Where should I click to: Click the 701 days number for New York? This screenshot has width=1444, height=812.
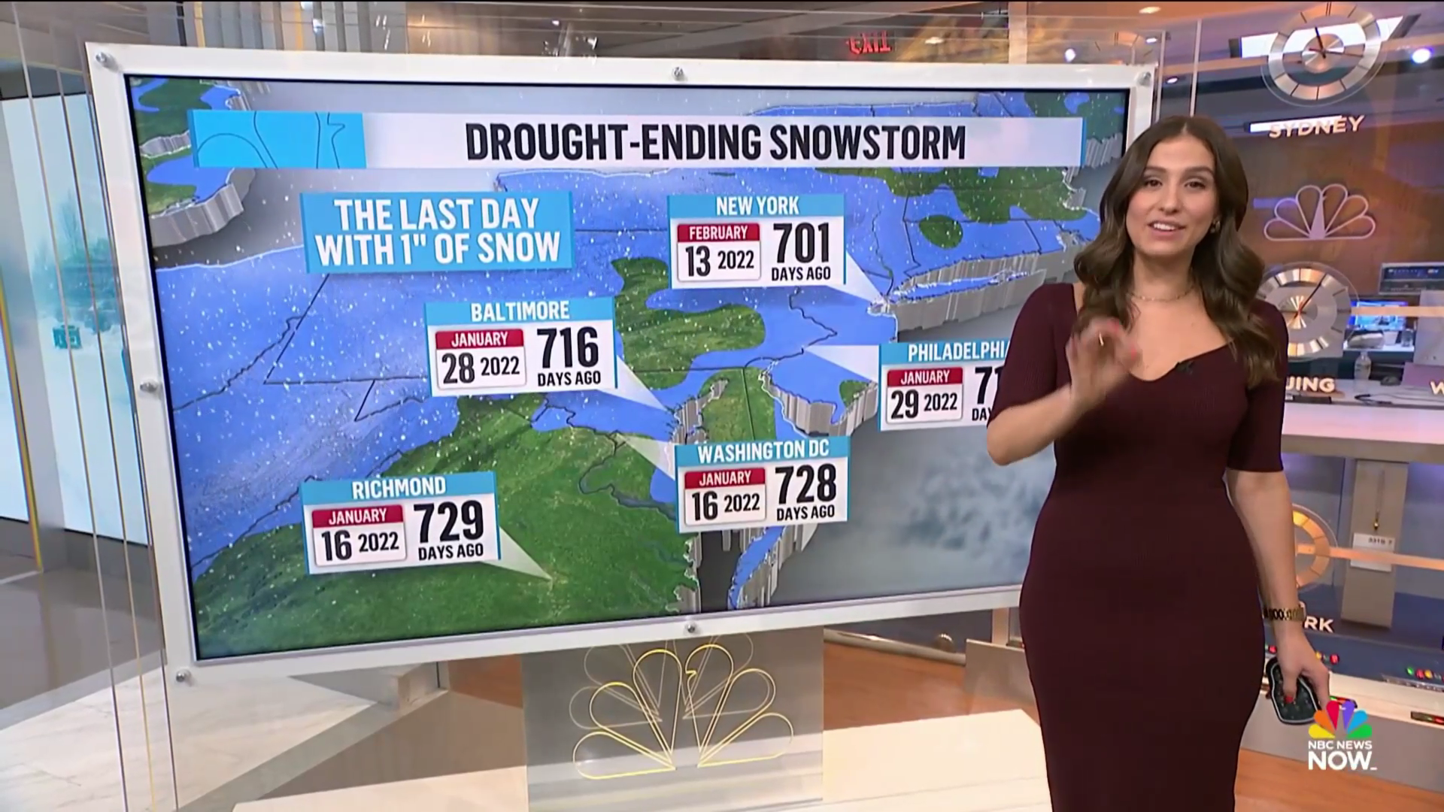(x=802, y=243)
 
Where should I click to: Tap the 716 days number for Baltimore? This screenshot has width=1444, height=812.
(x=569, y=347)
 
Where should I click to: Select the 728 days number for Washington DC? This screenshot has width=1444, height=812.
(x=805, y=485)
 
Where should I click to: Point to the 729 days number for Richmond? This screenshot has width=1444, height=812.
(x=450, y=522)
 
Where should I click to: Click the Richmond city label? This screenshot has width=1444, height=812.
(x=399, y=487)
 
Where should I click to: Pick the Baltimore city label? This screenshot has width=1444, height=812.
(x=520, y=311)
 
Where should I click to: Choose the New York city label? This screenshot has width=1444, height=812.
(x=757, y=206)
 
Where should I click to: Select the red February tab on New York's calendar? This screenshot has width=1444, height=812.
(x=719, y=232)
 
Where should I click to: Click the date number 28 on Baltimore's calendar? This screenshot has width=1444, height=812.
(x=458, y=368)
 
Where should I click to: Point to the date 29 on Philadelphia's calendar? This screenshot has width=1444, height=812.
(x=904, y=404)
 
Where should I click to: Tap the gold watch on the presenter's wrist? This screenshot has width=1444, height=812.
(x=1284, y=613)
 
